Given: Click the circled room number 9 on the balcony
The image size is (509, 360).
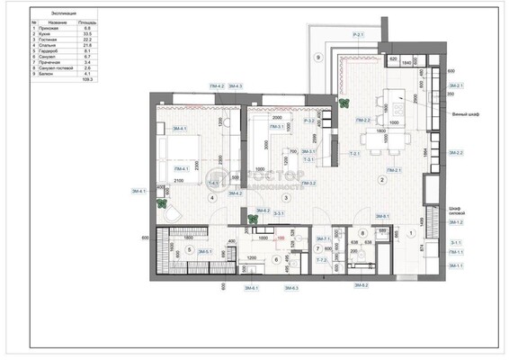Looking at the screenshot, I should click(317, 57).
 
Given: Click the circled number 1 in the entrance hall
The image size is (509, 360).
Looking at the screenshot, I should click(411, 233).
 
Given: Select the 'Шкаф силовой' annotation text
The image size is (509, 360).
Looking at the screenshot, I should click(459, 211).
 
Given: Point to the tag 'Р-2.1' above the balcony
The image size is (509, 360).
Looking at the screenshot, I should click(358, 34).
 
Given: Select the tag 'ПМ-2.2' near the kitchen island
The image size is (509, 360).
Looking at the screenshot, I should click(364, 120).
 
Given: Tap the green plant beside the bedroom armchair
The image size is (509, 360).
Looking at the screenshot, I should click(163, 204).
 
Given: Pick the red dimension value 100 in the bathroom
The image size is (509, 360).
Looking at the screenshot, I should click(281, 238).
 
